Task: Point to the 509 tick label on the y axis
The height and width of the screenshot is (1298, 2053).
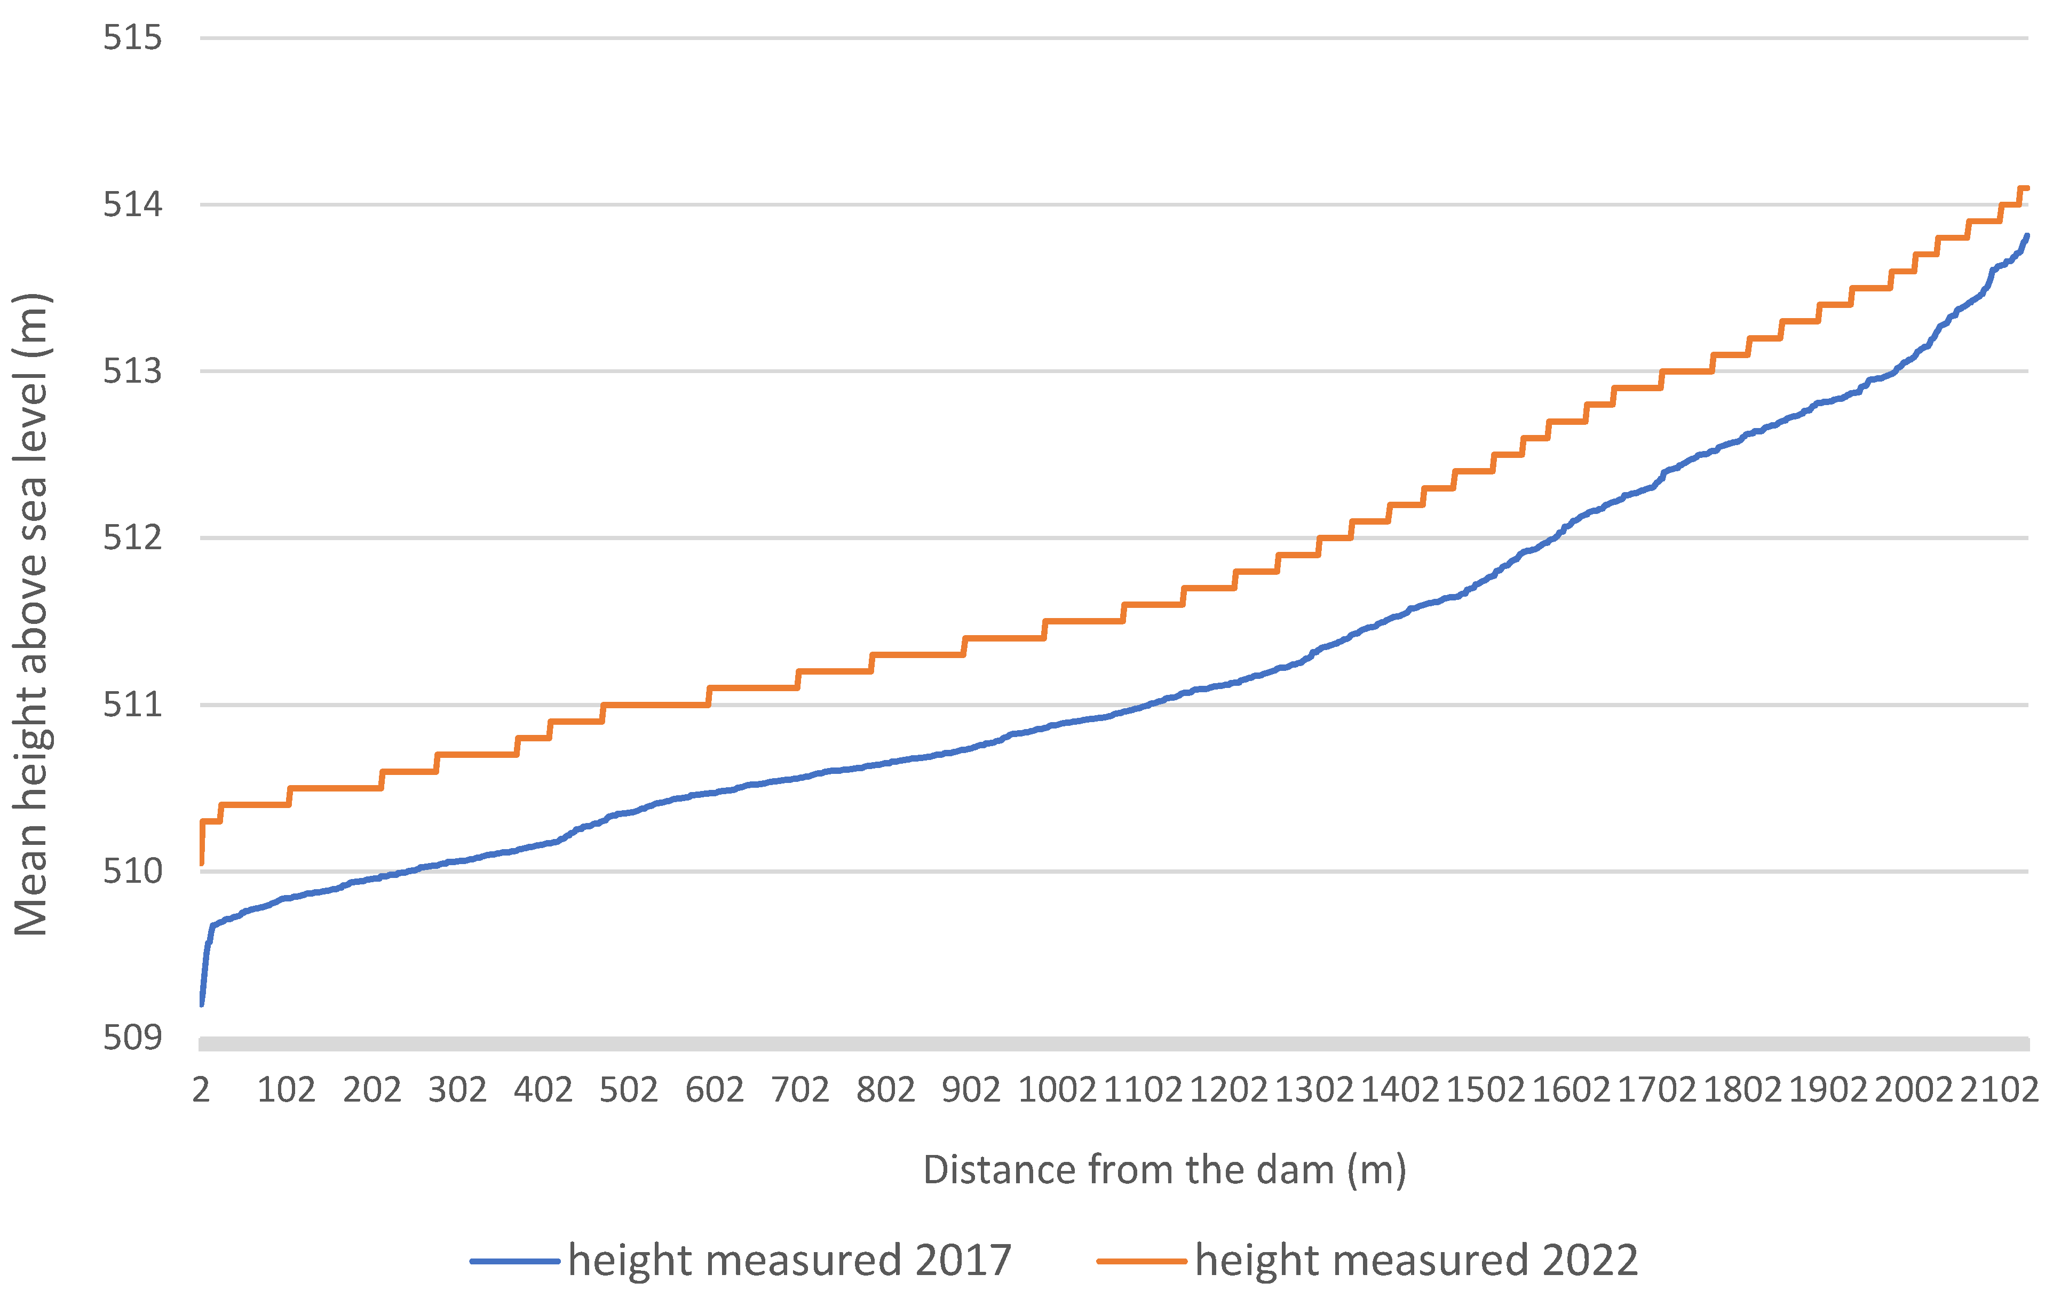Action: tap(132, 1038)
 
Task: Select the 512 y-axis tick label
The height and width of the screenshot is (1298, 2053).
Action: tap(132, 538)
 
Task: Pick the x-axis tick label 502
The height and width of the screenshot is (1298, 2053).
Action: tap(628, 1090)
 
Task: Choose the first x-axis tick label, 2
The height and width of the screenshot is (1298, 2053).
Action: tap(201, 1090)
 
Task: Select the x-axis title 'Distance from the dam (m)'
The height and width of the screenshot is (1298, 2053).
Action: tap(1164, 1170)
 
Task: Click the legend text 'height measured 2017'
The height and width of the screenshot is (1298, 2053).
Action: tap(789, 1261)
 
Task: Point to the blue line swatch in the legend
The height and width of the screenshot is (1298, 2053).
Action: tap(515, 1261)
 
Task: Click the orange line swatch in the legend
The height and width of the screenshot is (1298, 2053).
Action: tap(1142, 1261)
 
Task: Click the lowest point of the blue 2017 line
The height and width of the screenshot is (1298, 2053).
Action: tap(201, 1004)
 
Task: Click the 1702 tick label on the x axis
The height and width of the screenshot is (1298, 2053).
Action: tap(1656, 1090)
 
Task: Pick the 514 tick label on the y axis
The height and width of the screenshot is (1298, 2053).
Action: tap(132, 204)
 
